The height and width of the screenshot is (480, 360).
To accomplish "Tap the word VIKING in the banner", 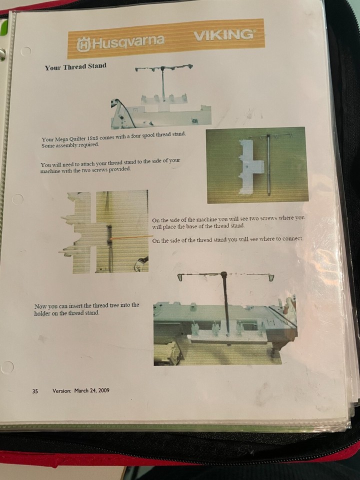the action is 224,34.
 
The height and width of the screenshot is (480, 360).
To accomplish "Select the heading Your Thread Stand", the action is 75,66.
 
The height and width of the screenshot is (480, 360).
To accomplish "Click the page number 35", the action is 35,391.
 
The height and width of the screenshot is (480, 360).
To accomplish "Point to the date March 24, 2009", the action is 91,390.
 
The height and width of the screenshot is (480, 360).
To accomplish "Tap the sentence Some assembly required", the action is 70,145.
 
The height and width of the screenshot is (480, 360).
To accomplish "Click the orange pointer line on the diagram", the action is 131,237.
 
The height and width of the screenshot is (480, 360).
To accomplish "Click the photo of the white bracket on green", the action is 257,165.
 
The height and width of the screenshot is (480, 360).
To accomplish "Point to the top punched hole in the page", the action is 25,51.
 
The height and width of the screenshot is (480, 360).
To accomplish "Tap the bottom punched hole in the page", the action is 7,367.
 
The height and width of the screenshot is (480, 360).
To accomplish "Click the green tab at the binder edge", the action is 3,29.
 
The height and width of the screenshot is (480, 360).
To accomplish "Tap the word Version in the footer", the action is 62,390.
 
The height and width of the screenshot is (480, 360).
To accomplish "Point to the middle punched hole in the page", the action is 17,199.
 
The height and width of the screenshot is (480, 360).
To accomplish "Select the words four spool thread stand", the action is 158,134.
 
